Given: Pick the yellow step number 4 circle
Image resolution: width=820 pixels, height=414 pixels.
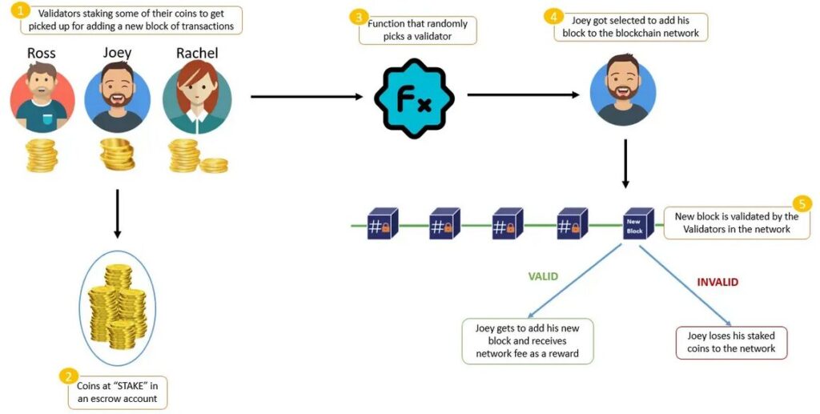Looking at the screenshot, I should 552,16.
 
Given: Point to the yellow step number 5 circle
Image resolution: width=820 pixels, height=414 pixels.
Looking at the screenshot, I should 802,203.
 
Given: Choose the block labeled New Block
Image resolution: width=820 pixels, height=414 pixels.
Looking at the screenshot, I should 634,225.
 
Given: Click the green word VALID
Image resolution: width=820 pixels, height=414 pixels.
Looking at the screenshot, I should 542,277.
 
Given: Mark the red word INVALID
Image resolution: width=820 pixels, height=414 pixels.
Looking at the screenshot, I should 717,282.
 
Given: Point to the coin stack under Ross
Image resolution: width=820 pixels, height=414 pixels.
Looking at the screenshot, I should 42,155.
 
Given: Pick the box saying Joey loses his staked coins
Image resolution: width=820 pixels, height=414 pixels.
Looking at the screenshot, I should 731,342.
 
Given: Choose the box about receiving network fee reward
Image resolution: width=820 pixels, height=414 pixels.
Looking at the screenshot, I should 528,341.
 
